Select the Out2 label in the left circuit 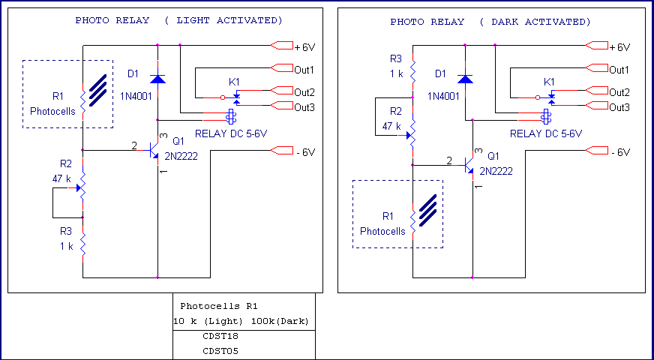tap(304, 92)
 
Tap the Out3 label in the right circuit tap(619, 107)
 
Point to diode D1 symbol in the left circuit tap(157, 78)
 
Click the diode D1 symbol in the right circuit tap(465, 78)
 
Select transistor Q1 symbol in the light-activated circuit tap(154, 151)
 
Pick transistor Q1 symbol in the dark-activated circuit tap(469, 165)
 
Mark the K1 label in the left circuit tap(235, 81)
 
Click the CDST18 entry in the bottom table tap(221, 336)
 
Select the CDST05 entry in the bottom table tap(221, 350)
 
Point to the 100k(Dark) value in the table tap(280, 321)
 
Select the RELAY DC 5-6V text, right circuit tap(546, 133)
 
